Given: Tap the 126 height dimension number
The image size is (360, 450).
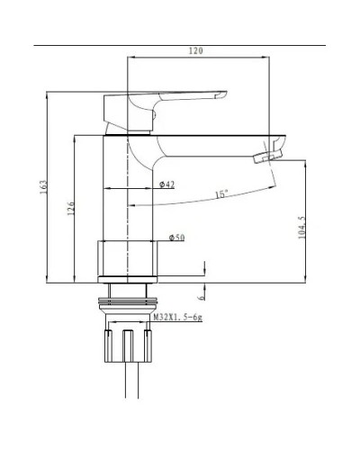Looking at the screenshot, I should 71,209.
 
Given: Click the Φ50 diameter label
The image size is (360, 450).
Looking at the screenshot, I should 176,238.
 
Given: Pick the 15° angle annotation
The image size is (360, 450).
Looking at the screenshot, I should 221,193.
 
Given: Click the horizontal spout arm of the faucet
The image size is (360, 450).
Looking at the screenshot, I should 216,142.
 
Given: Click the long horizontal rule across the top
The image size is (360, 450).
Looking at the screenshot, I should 180,44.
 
